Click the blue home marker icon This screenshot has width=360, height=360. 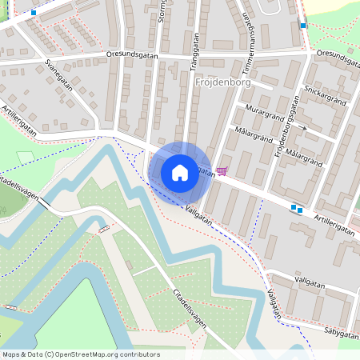point(180,172)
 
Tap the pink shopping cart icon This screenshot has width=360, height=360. point(222,170)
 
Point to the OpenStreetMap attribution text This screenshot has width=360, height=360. point(81,354)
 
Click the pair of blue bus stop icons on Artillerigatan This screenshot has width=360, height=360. point(297,210)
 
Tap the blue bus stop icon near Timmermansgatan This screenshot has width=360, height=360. point(302,26)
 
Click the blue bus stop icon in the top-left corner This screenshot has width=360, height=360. point(33,13)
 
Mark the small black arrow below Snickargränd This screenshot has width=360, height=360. point(302,126)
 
